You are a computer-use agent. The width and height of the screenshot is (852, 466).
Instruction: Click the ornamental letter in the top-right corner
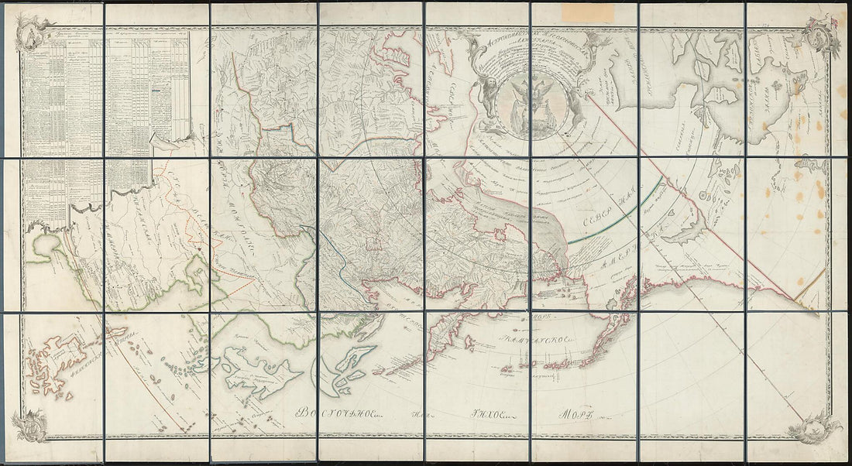tap(820, 32)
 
